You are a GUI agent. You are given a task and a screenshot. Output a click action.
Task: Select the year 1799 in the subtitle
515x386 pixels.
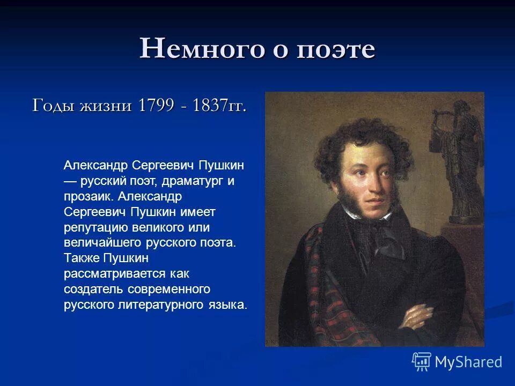coord(155,105)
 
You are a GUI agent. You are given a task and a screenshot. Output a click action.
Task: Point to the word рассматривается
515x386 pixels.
coord(116,274)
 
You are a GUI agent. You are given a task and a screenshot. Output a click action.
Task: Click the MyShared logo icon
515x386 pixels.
coord(422,362)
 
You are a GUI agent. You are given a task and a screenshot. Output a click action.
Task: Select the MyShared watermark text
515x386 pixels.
coord(468,362)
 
